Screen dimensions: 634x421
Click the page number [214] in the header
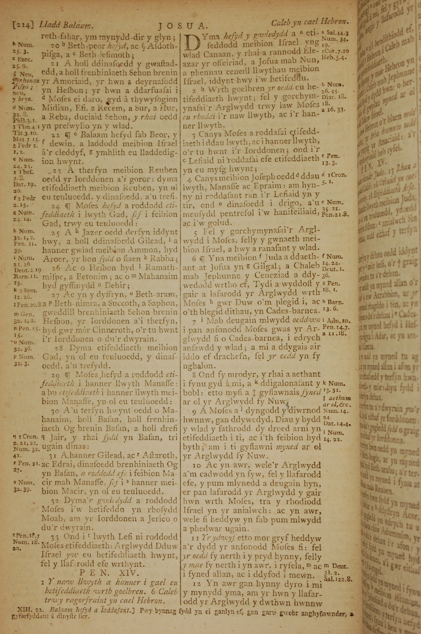[x=23, y=25]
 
